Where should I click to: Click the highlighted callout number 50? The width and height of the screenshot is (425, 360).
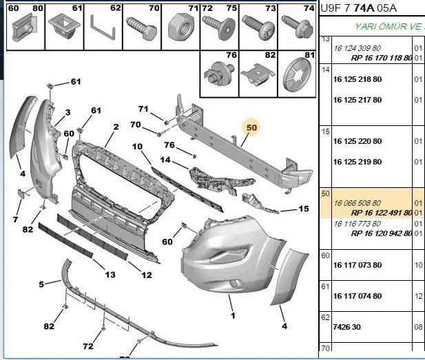[251, 127]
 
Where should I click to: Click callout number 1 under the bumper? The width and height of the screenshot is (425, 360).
[233, 316]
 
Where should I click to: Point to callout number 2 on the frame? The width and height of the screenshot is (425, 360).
[116, 127]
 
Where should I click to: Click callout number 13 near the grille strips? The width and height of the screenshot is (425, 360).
[110, 275]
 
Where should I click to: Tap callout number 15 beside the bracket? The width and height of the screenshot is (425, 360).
[304, 209]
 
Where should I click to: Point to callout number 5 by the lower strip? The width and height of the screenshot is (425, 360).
[41, 284]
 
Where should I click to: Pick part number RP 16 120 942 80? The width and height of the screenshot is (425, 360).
[381, 233]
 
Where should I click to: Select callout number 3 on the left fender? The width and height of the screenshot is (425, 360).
[68, 112]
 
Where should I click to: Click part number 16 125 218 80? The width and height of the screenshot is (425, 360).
[357, 80]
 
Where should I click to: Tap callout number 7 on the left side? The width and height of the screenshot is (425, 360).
[15, 220]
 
